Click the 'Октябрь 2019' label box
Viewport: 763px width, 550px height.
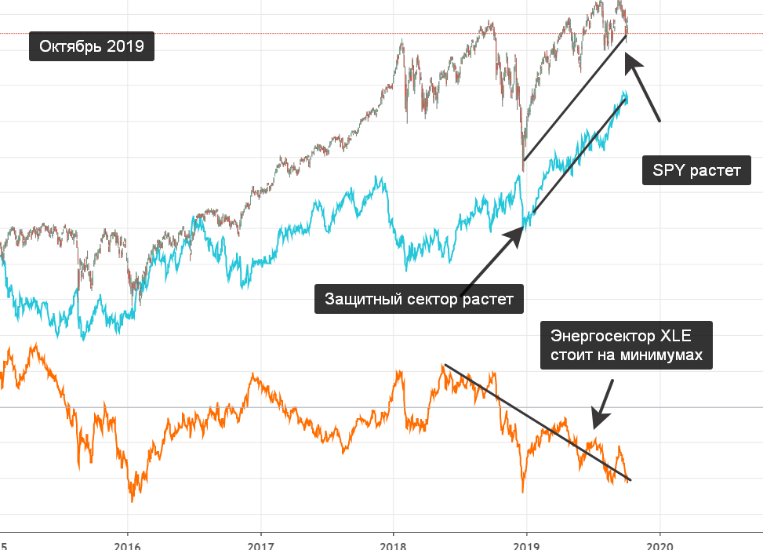pyautogui.click(x=92, y=46)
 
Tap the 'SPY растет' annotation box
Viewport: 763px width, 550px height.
pyautogui.click(x=696, y=170)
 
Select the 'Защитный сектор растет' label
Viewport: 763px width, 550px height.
pyautogui.click(x=419, y=299)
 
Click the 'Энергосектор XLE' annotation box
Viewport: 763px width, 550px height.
pyautogui.click(x=627, y=345)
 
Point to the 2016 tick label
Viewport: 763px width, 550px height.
pyautogui.click(x=128, y=545)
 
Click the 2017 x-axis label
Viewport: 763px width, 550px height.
pyautogui.click(x=261, y=545)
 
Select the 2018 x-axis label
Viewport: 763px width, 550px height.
pyautogui.click(x=393, y=545)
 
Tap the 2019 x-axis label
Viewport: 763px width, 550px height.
pyautogui.click(x=526, y=545)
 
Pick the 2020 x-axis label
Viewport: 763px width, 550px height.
pyautogui.click(x=659, y=545)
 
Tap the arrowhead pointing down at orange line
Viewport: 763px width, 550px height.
pyautogui.click(x=599, y=420)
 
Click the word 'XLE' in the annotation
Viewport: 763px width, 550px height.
pyautogui.click(x=675, y=336)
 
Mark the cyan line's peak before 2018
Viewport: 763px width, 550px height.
pyautogui.click(x=378, y=178)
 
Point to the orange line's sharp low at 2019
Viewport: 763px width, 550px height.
pyautogui.click(x=523, y=492)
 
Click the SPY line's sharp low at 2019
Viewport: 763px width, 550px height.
pyautogui.click(x=523, y=170)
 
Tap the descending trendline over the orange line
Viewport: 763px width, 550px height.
pyautogui.click(x=538, y=423)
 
